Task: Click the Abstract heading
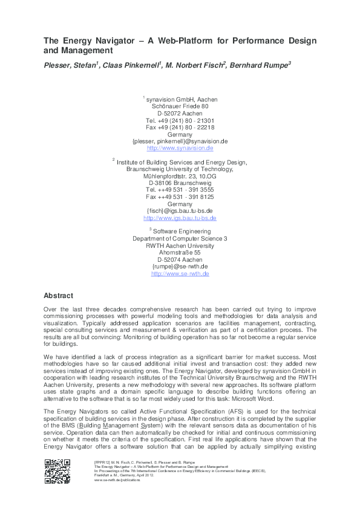tap(59, 296)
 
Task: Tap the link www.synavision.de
tap(180, 148)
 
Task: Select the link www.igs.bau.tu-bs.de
tap(180, 218)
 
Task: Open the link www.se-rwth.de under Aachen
tap(180, 274)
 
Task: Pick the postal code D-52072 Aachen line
tap(180, 113)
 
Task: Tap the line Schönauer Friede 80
tap(180, 106)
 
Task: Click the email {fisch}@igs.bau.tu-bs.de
tap(180, 211)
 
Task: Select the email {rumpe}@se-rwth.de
tap(180, 267)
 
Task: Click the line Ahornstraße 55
tap(180, 253)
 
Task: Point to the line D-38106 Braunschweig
tap(180, 183)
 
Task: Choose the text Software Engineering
tap(182, 232)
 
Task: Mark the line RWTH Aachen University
tap(180, 246)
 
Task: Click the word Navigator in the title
tap(111, 41)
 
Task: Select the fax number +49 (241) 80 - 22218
tap(180, 128)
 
